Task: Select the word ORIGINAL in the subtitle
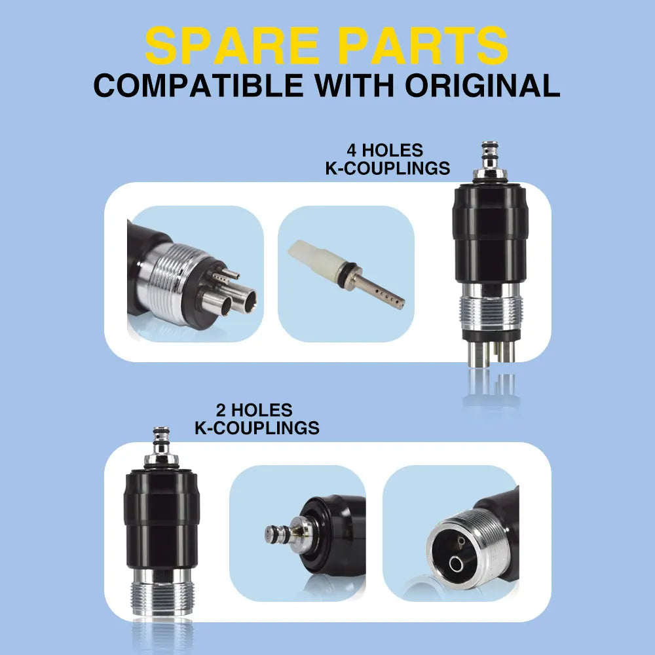[477, 86]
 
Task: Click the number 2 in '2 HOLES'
[222, 411]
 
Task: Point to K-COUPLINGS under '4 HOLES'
[388, 168]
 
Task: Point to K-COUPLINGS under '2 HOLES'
[257, 428]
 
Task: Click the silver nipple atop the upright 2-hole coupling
[160, 443]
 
